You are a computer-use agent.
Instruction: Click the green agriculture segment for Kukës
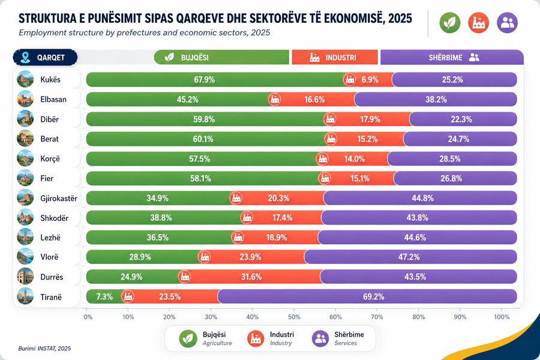coord(217,80)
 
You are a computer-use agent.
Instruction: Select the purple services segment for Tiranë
coord(367,296)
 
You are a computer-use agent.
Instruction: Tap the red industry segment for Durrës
coord(252,277)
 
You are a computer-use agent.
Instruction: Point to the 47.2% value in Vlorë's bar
coord(409,257)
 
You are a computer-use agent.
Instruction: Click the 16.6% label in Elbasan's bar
coord(314,100)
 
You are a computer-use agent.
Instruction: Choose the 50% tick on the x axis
coord(294,317)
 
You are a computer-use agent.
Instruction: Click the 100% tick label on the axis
coord(502,317)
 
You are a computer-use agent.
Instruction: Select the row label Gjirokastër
coord(59,199)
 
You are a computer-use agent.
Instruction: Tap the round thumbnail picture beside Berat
coord(25,139)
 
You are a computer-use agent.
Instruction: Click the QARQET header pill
coord(45,57)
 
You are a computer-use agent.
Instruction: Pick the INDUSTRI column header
coord(334,57)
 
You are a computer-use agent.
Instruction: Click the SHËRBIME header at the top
coord(452,57)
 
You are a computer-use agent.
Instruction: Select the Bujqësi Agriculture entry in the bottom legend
coord(206,338)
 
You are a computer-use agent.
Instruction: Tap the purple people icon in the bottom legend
coord(320,338)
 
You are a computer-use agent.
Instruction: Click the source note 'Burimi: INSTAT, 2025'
coord(44,348)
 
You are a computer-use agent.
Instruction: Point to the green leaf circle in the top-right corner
coord(450,23)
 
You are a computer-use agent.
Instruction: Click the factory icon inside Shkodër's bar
coord(247,218)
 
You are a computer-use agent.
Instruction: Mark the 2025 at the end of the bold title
coord(400,18)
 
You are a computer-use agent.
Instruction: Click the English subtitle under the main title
coord(144,33)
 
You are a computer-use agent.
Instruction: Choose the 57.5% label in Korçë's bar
coord(199,159)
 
